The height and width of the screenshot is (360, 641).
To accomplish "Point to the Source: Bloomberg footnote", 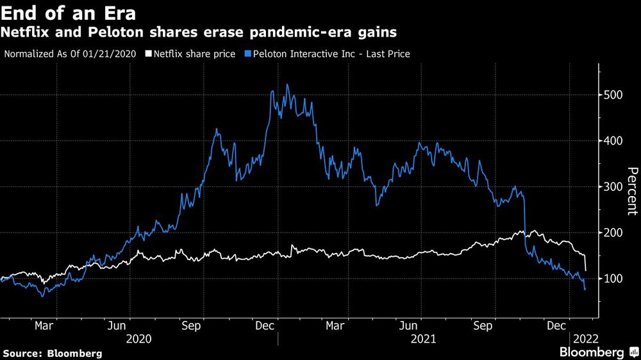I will [53, 353].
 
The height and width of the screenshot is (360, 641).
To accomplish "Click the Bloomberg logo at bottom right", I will [592, 352].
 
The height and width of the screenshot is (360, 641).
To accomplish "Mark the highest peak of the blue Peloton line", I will [287, 85].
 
